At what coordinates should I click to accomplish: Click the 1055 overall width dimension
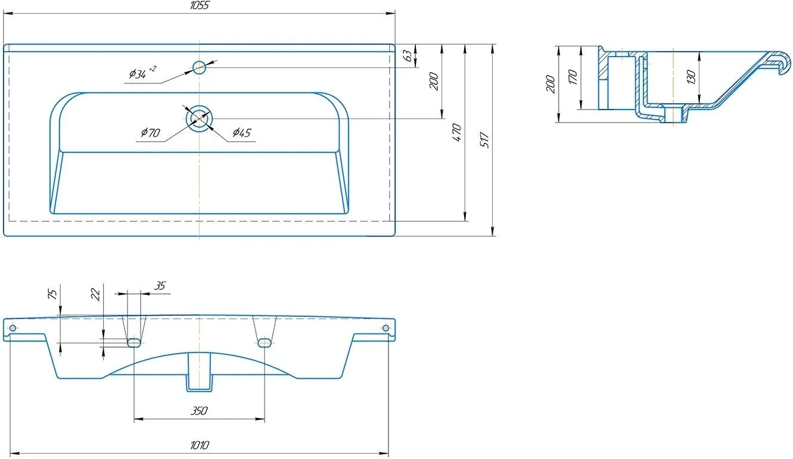pos(200,5)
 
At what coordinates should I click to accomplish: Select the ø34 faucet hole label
pos(142,73)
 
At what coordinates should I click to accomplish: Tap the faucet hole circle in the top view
pos(200,67)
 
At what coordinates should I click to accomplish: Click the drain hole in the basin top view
pos(200,118)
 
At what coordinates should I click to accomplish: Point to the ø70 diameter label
pos(151,133)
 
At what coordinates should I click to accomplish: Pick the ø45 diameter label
pos(242,133)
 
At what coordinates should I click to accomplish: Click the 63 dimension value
pos(408,56)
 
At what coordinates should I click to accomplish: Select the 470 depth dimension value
pos(457,133)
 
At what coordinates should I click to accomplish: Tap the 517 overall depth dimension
pos(484,140)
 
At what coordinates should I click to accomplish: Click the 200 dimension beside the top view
pos(434,82)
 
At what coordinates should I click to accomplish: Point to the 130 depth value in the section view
pos(691,77)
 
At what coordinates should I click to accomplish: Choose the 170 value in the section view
pos(573,77)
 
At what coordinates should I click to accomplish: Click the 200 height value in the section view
pos(551,84)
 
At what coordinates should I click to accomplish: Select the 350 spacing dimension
pos(199,411)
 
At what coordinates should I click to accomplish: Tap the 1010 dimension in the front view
pos(200,445)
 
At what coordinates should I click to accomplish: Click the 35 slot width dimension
pos(160,286)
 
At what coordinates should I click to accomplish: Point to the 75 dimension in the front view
pos(52,294)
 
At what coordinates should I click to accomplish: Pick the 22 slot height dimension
pos(95,294)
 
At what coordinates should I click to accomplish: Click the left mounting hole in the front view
pos(13,328)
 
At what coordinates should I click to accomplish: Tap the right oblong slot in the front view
pos(265,343)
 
